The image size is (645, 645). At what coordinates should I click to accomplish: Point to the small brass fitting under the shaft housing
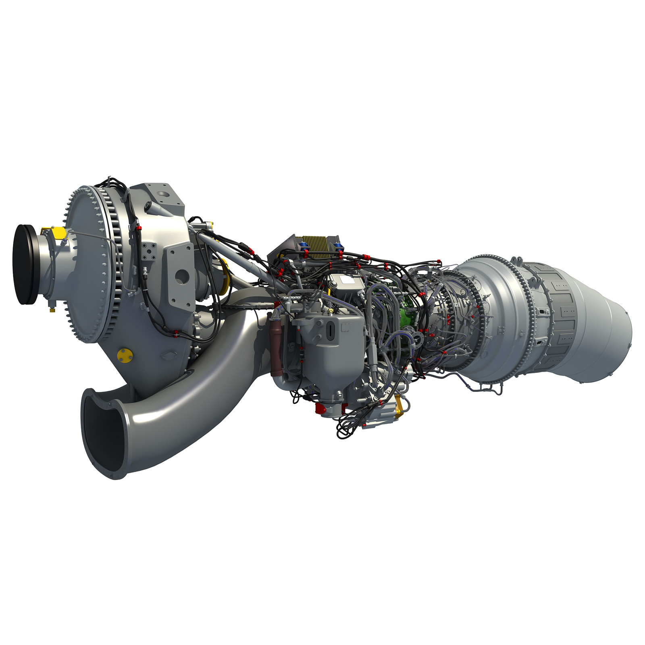point(52,310)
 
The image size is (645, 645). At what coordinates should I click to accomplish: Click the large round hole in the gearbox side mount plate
point(182,277)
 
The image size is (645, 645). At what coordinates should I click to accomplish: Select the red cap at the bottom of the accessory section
point(320,410)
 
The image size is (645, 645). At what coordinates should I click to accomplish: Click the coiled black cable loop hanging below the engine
point(347,427)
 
